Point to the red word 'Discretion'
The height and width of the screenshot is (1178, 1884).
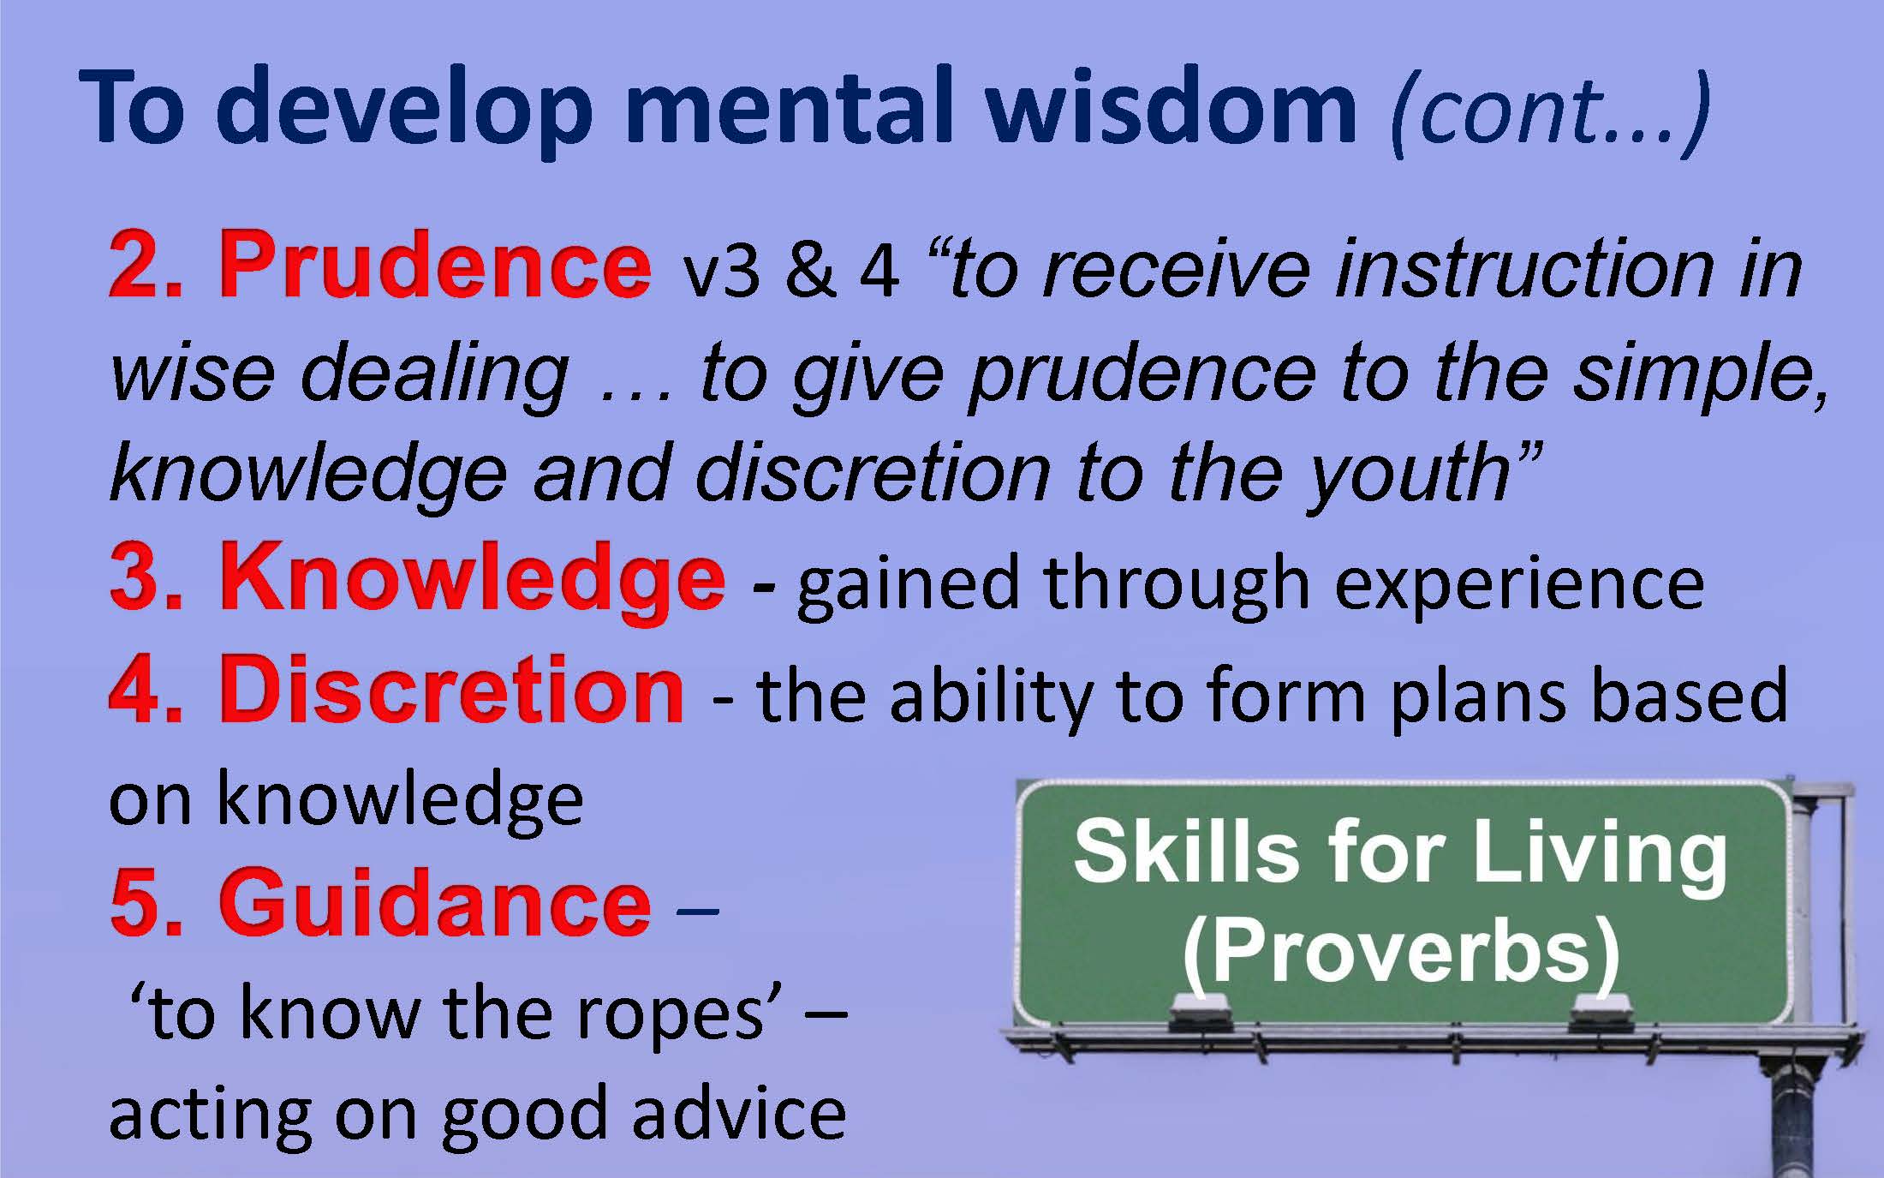point(451,689)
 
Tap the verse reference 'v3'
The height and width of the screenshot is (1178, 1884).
point(720,272)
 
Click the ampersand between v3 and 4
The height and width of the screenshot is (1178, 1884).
point(809,271)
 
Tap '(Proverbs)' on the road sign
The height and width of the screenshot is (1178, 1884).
point(1401,952)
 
